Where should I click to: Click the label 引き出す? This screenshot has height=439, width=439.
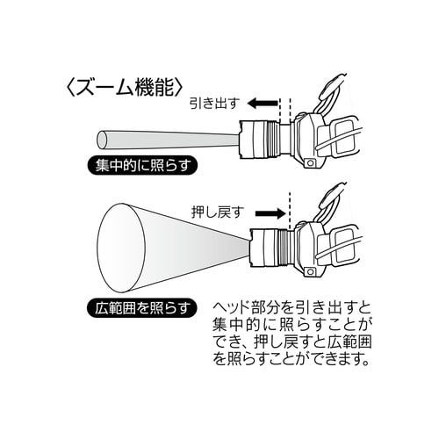pos(212,103)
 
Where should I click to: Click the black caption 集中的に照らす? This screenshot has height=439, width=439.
pos(140,163)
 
